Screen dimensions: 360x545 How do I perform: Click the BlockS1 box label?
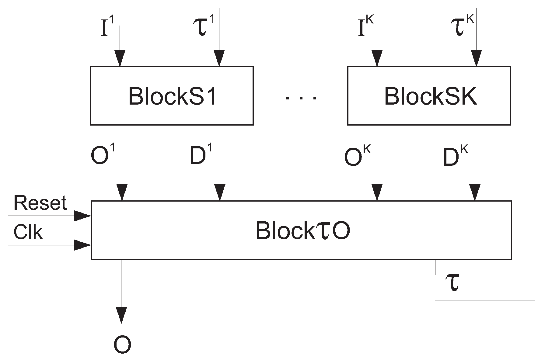(x=172, y=96)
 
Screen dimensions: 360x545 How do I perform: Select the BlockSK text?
(x=430, y=96)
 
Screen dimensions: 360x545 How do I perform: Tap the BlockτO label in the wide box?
(x=302, y=230)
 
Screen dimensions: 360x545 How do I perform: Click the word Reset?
(x=40, y=203)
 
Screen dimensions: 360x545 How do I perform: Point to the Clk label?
(x=28, y=233)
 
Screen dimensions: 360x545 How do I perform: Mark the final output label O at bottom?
(x=122, y=345)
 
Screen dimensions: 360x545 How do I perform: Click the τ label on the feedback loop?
(x=452, y=282)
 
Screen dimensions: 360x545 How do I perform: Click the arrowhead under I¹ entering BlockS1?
(x=120, y=57)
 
